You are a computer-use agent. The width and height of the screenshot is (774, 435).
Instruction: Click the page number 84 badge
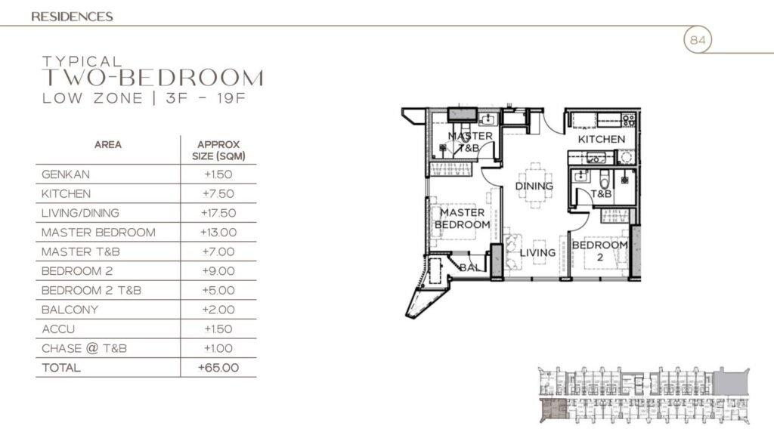(x=698, y=40)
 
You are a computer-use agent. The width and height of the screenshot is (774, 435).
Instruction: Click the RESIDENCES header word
(x=73, y=16)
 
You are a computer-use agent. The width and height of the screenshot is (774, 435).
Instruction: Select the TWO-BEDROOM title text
(x=153, y=79)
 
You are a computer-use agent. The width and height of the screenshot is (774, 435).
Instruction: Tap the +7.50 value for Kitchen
(x=218, y=194)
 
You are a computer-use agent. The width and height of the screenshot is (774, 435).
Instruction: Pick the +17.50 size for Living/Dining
(x=218, y=213)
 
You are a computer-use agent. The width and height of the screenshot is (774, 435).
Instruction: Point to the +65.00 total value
(x=218, y=368)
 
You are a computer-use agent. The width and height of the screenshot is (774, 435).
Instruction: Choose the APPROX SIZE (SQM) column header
(x=218, y=150)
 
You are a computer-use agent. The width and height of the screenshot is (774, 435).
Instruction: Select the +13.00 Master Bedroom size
(x=218, y=233)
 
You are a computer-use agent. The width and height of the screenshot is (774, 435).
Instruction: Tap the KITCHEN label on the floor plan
(x=602, y=140)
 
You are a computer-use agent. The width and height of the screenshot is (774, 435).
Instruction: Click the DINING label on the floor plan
(x=534, y=186)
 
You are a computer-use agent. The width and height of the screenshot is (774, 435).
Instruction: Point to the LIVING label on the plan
(x=537, y=253)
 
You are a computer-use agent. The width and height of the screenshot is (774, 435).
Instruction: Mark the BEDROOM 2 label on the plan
(x=599, y=251)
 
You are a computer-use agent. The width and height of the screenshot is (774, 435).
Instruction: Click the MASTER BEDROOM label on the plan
(x=463, y=219)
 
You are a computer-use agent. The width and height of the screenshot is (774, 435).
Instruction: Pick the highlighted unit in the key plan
(x=556, y=409)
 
